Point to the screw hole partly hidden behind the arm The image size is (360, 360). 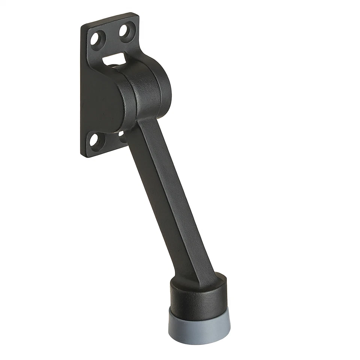click(121, 133)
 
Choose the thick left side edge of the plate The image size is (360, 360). click(82, 90)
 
